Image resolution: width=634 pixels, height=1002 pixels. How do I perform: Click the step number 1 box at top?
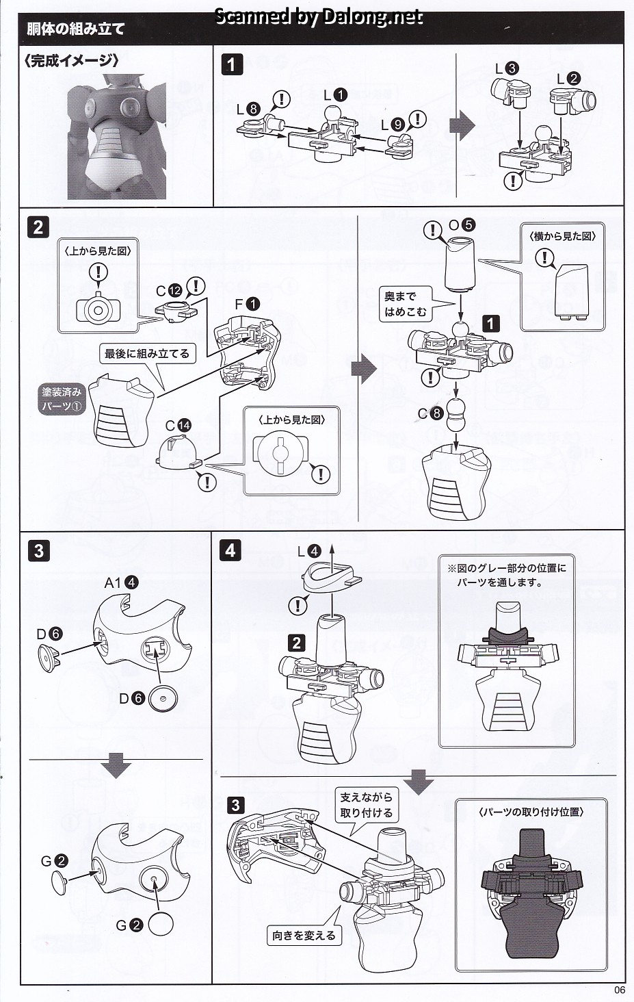[x=233, y=65]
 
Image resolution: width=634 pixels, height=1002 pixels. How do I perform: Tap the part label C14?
[x=178, y=425]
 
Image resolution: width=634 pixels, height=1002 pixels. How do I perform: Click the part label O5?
[x=462, y=224]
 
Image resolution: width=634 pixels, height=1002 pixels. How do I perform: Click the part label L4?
[x=308, y=550]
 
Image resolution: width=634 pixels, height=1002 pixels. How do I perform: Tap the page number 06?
[x=620, y=989]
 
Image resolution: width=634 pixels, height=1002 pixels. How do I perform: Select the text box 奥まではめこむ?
[x=404, y=305]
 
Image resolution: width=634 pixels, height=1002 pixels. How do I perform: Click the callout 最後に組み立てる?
[x=146, y=354]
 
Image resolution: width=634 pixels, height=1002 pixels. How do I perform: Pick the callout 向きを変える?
[x=304, y=935]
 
